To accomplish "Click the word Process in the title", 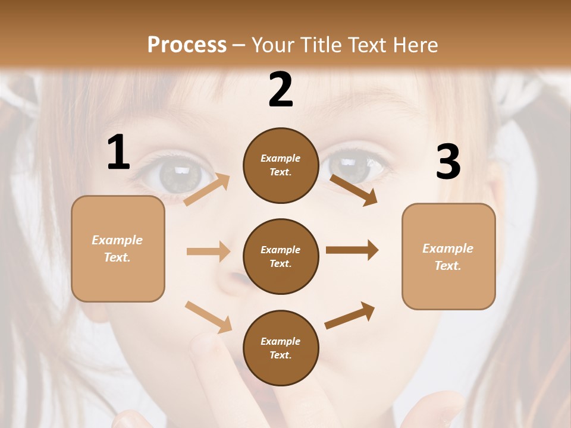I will pos(187,45).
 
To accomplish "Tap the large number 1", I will pos(118,153).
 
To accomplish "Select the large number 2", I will pos(281,90).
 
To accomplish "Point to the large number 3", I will pos(448,162).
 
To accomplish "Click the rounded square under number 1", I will pos(118,248).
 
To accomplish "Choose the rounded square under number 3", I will pos(448,256).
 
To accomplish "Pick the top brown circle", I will pos(281,165).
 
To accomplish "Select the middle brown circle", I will pos(281,256).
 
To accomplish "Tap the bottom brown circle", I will pos(281,348).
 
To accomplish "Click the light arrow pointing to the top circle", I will pos(207,189).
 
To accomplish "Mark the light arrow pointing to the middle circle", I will pos(208,251).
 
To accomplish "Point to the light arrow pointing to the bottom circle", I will pos(208,317).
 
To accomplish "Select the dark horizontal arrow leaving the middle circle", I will pos(352,250).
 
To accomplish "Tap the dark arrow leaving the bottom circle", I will pos(350,316).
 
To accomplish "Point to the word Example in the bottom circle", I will pos(281,341).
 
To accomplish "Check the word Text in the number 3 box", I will pos(447,266).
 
